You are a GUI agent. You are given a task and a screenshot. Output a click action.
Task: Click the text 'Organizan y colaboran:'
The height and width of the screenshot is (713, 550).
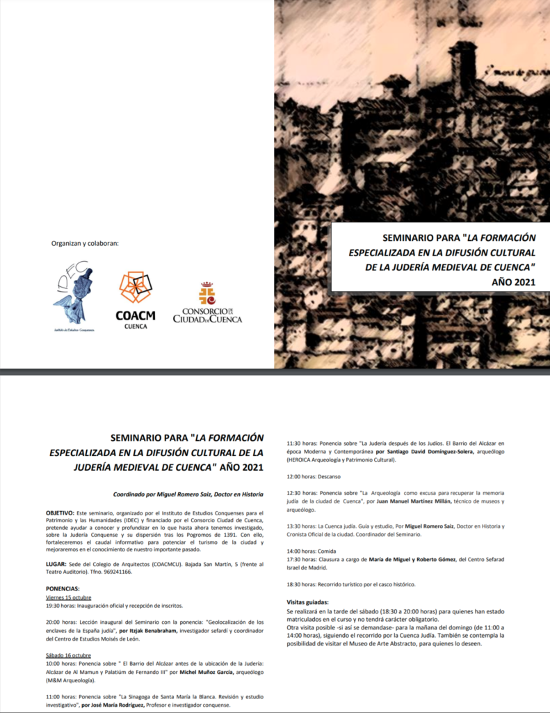tap(85, 243)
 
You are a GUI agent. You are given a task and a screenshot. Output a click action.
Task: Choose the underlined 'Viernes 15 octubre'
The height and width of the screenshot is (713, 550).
tap(69, 597)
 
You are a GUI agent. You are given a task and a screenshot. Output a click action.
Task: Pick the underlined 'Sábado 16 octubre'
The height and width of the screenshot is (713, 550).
tap(68, 655)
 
